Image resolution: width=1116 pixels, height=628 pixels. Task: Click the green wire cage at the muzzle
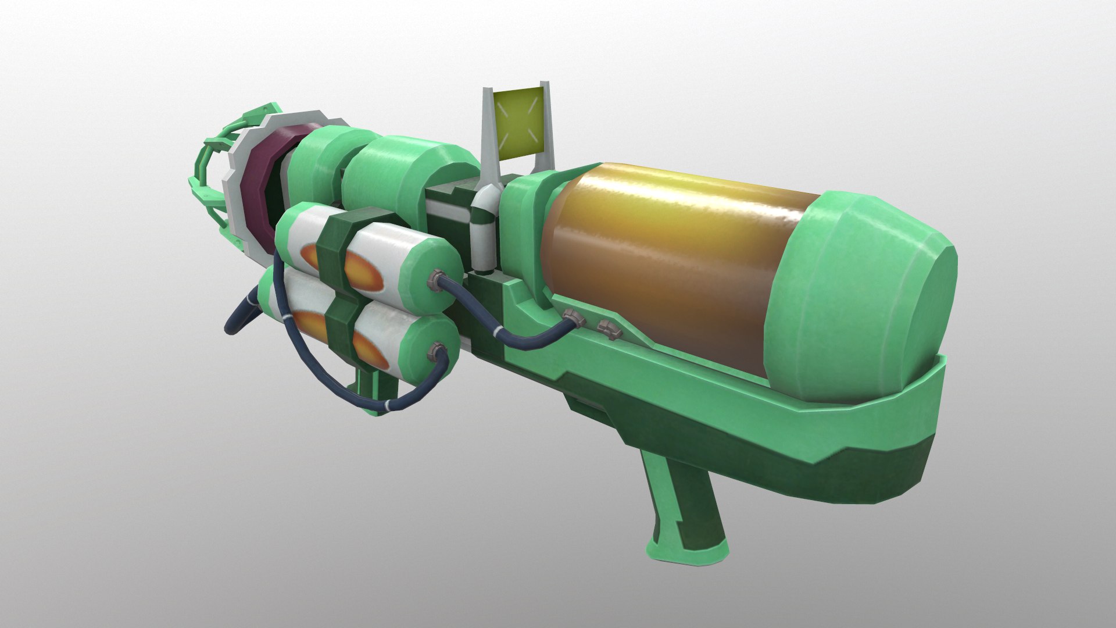209,174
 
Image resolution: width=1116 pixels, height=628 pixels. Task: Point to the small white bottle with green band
484,233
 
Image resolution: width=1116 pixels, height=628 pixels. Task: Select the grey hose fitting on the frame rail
573,317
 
